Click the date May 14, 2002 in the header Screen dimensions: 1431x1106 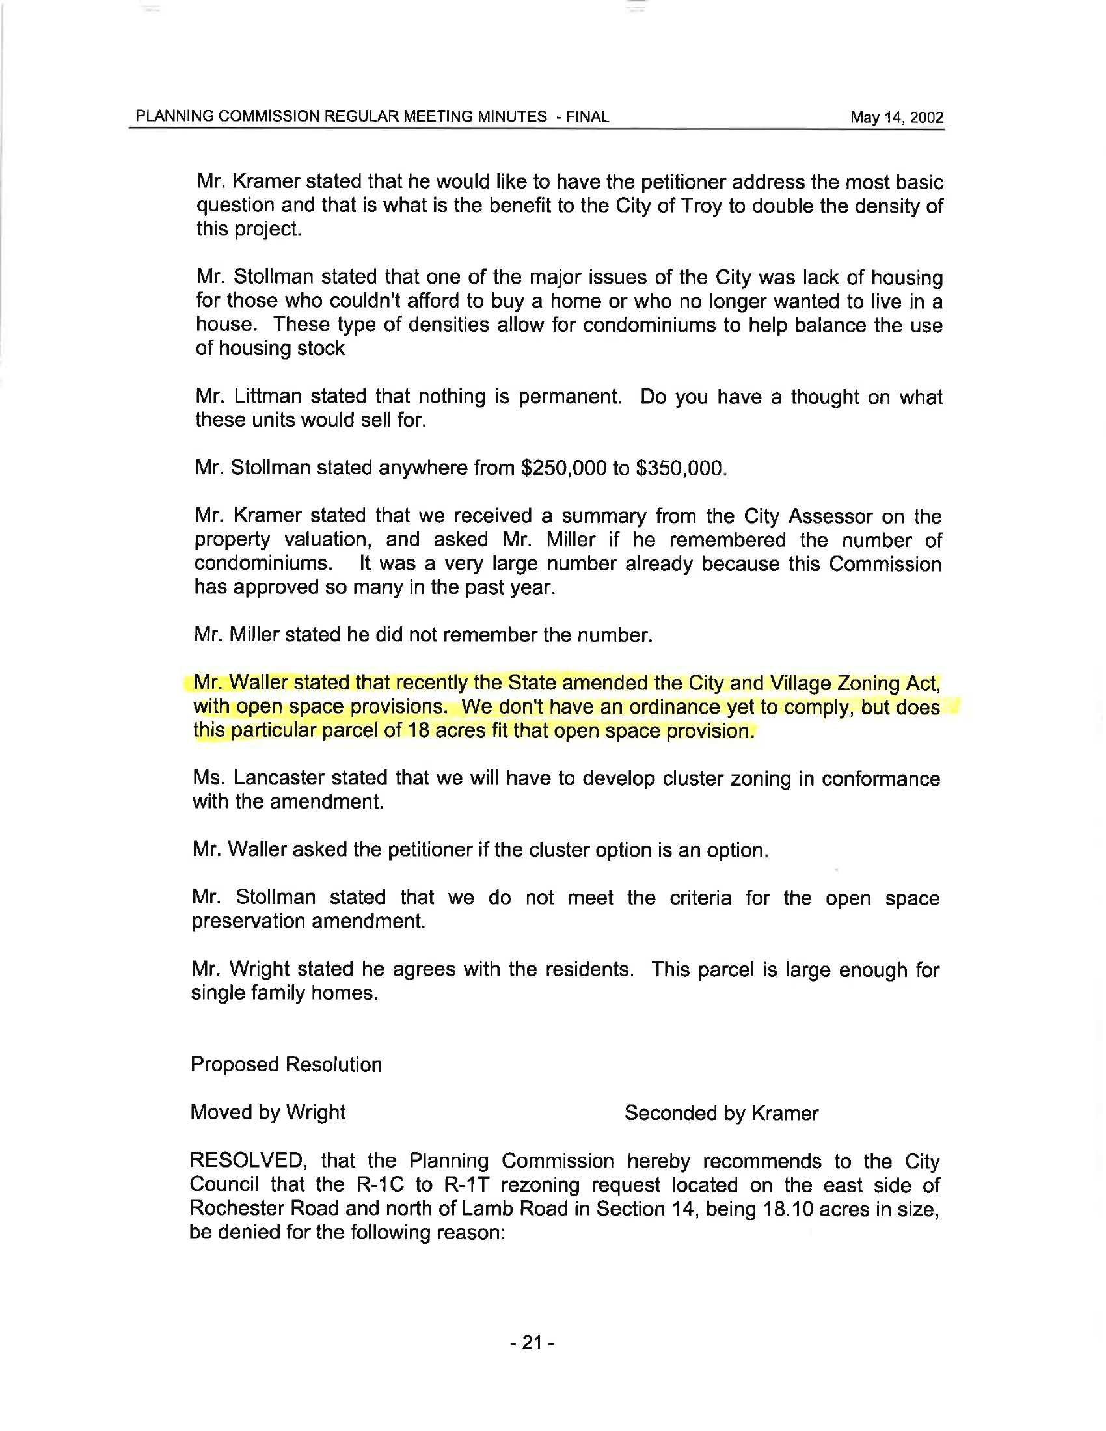(x=897, y=117)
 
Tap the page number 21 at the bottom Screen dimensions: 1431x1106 (x=533, y=1343)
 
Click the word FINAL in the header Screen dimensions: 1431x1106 (x=587, y=116)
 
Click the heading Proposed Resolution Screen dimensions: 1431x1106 (x=286, y=1064)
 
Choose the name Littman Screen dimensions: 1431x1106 (x=267, y=396)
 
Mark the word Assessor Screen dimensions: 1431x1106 (x=830, y=516)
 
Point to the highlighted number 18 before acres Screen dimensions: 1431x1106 (x=418, y=730)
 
